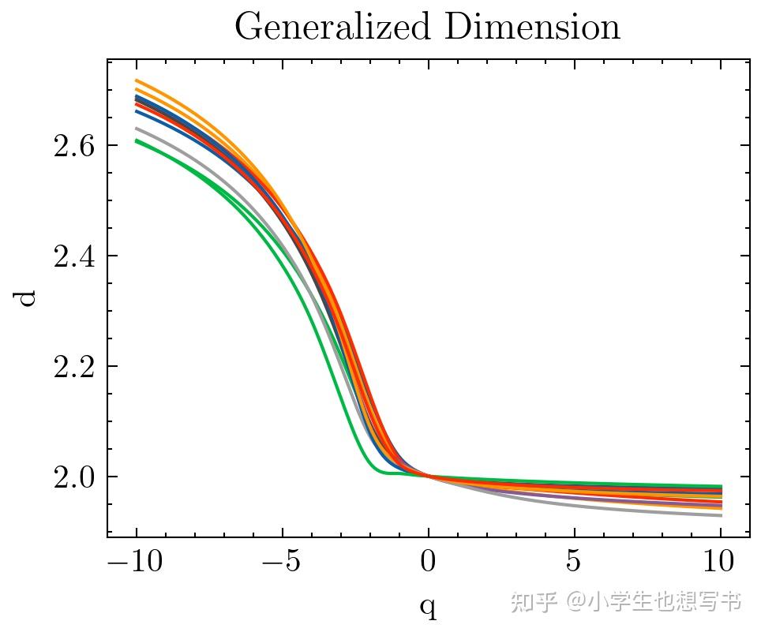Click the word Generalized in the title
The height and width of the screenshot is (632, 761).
point(335,28)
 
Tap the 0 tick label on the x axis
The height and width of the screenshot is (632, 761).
point(429,563)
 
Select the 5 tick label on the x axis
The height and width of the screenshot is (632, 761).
point(574,563)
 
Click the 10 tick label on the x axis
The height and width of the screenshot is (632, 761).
point(720,563)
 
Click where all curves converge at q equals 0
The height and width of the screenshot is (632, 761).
point(429,475)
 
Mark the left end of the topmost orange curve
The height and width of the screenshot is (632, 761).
point(137,80)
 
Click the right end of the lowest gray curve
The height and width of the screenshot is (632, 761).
point(721,515)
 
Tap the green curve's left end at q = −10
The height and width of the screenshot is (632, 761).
point(137,141)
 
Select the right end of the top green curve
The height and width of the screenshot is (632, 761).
point(721,486)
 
